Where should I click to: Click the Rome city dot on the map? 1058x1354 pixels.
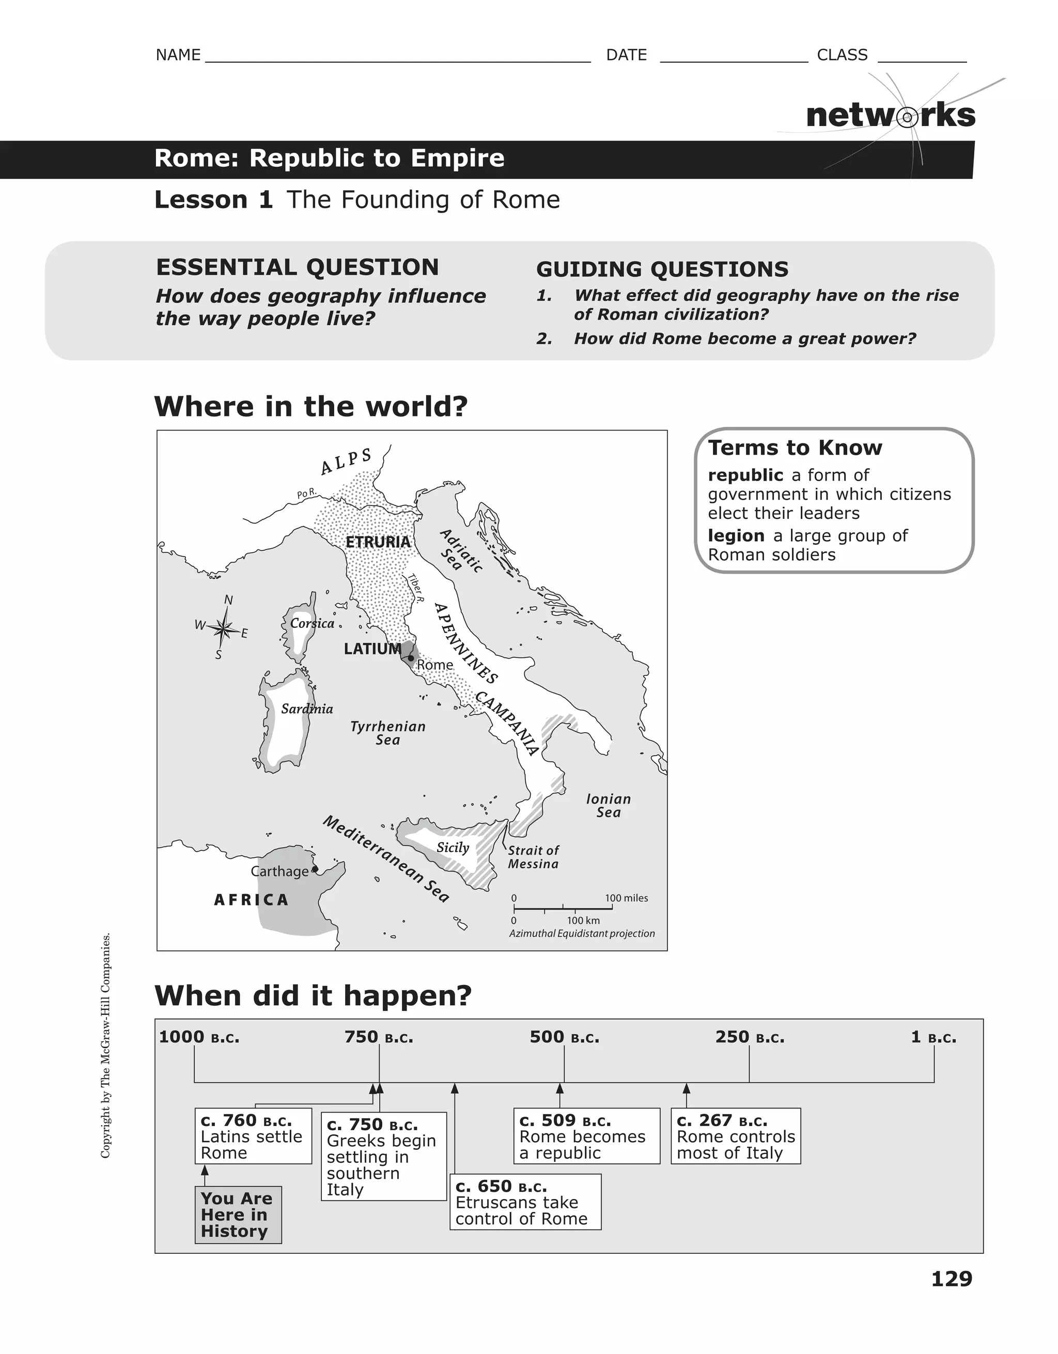410,658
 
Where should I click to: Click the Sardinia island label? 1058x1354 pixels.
307,709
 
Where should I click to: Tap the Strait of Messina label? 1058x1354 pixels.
533,857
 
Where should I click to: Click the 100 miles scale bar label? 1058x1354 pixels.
626,898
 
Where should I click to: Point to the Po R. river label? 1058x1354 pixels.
307,494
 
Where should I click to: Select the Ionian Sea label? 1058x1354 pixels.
608,805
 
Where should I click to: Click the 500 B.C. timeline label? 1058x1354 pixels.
564,1037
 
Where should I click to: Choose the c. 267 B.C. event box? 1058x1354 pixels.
735,1136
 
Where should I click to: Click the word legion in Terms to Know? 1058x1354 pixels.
736,535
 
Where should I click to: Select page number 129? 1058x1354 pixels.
952,1279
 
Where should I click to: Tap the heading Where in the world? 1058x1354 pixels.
310,407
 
